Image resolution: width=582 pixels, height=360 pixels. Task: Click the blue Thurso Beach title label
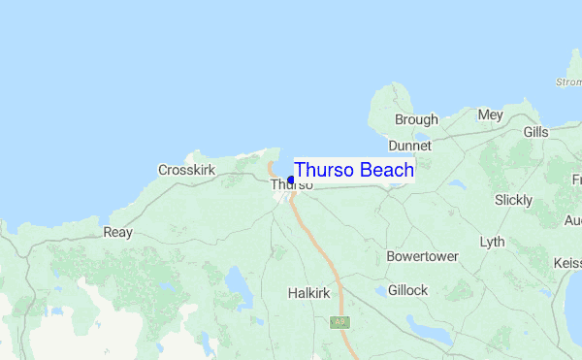pos(354,170)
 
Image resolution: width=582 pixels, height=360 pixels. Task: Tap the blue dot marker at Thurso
pos(291,180)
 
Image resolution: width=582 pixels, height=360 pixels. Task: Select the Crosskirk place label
pos(186,170)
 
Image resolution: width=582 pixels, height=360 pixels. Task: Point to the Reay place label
pos(117,233)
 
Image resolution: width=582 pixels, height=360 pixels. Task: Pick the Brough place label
pos(416,119)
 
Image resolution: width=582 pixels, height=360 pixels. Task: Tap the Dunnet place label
pos(408,145)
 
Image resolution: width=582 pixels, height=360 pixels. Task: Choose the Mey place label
pos(490,115)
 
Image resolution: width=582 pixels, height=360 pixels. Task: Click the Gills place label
pos(535,131)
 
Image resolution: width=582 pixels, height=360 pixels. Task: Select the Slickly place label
pos(513,200)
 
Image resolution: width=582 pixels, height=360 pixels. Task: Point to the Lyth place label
pos(492,242)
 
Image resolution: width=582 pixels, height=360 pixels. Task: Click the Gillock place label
pos(407,290)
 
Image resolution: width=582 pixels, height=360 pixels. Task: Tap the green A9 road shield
pos(339,321)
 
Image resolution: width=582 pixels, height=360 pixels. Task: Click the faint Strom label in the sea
pos(567,82)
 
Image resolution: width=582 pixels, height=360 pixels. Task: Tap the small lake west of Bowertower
pos(379,290)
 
